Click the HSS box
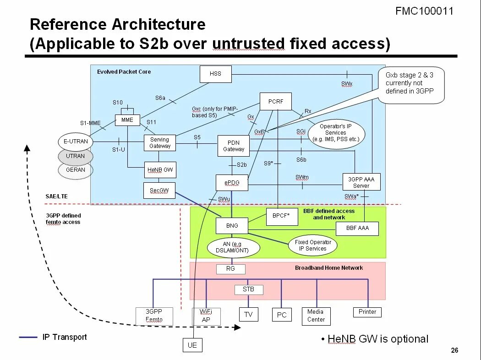tap(215, 74)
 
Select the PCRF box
tap(275, 102)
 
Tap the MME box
tap(127, 120)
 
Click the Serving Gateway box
tap(160, 143)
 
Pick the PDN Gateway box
tap(234, 146)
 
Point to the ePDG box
tap(231, 183)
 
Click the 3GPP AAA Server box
tap(361, 182)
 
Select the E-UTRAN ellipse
tap(76, 142)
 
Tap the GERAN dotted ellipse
tap(76, 170)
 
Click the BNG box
tap(232, 225)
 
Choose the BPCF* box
tap(282, 217)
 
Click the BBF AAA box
tap(357, 228)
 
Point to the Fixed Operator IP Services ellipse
tap(313, 245)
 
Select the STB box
tap(248, 289)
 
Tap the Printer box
tap(367, 312)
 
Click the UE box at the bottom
tap(192, 345)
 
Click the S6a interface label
tap(160, 98)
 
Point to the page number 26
tap(454, 351)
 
